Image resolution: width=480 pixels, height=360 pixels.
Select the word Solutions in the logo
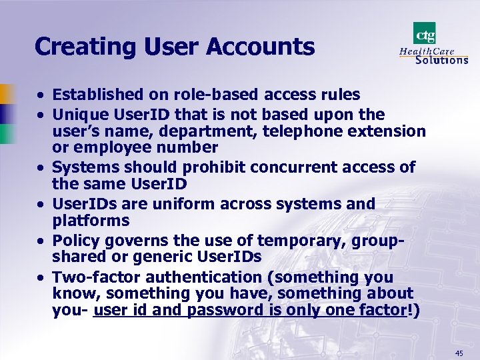point(441,59)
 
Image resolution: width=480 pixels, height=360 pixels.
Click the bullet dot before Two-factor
point(42,277)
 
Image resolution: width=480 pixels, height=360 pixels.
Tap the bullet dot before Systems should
point(42,167)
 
